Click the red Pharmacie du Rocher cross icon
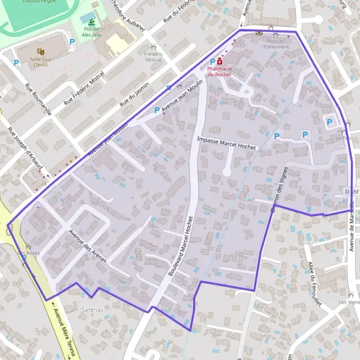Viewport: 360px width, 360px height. [x=220, y=61]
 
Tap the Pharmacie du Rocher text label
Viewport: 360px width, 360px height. [x=220, y=72]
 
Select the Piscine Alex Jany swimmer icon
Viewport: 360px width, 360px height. [x=91, y=22]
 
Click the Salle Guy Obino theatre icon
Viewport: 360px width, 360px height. [x=40, y=51]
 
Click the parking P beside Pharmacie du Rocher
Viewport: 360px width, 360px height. [x=212, y=62]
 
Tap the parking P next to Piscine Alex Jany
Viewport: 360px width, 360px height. [x=73, y=41]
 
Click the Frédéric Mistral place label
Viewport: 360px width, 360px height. [x=154, y=56]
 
